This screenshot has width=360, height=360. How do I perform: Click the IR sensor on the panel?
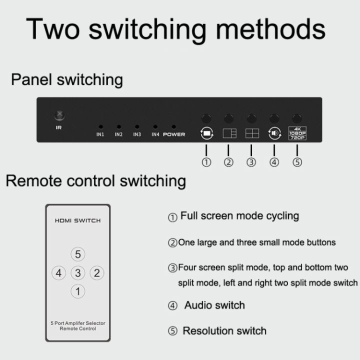[x=60, y=115]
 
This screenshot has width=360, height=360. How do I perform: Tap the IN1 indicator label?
[x=100, y=134]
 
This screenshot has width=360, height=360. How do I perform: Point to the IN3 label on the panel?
[x=137, y=134]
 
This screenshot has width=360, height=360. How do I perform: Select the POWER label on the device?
[x=174, y=134]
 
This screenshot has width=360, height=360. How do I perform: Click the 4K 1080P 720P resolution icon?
[x=297, y=133]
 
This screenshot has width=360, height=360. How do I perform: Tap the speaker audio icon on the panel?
[x=274, y=133]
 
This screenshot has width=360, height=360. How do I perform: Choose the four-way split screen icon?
[x=251, y=133]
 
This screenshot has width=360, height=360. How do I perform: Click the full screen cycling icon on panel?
[x=206, y=133]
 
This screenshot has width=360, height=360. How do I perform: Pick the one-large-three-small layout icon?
[x=229, y=133]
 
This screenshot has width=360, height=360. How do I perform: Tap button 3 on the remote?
[x=77, y=273]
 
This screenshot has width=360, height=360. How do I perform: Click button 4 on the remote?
[x=59, y=273]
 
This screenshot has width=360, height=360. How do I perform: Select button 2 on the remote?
[x=96, y=273]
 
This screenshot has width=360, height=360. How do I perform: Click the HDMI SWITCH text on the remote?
[x=77, y=220]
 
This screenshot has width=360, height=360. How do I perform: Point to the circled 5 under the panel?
[x=297, y=162]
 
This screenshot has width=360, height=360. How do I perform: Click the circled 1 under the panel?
[x=206, y=162]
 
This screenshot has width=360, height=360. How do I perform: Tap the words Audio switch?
[x=214, y=305]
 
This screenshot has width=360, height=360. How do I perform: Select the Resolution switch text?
[x=224, y=331]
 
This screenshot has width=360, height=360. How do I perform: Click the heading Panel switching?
[x=67, y=79]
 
